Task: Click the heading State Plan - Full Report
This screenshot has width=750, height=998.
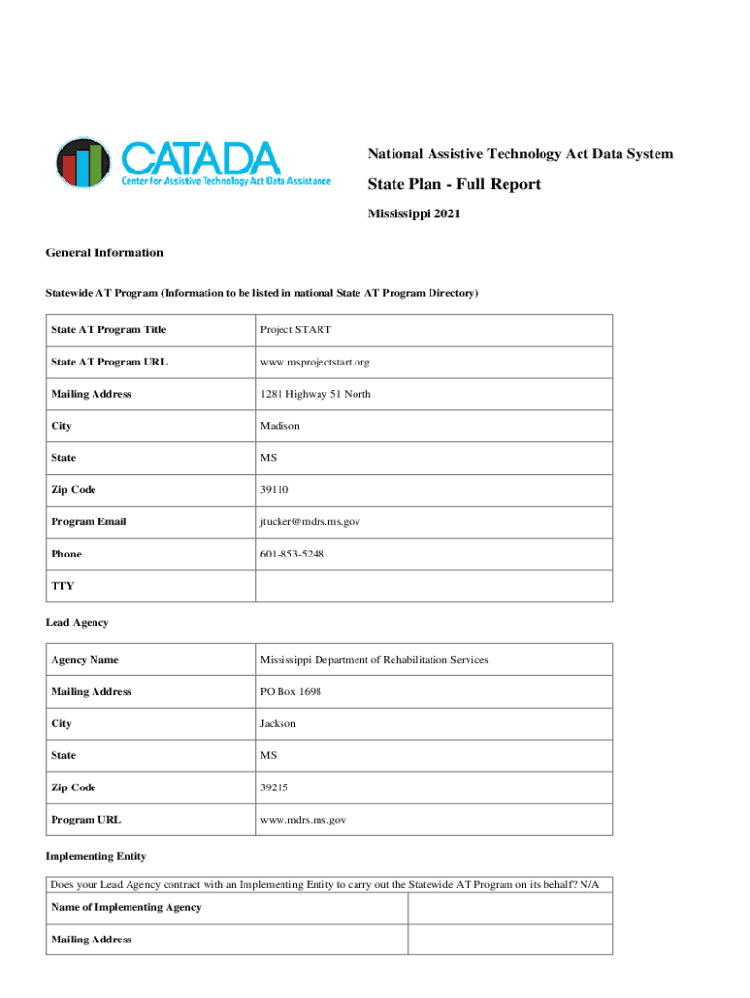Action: tap(453, 185)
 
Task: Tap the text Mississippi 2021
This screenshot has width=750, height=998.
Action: tap(413, 214)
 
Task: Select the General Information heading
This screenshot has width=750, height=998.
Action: tap(104, 253)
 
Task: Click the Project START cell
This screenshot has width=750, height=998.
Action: tap(295, 330)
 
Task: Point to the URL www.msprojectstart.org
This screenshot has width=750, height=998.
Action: tap(315, 363)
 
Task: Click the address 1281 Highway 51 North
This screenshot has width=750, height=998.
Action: tap(315, 394)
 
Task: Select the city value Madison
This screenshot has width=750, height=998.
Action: tap(280, 426)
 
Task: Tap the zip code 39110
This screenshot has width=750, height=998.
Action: tap(276, 490)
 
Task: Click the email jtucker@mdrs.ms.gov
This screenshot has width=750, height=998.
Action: tap(310, 522)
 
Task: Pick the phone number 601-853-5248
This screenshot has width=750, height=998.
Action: tap(292, 554)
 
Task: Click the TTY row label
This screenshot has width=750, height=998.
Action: tap(62, 586)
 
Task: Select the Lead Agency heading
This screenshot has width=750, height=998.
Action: tap(77, 622)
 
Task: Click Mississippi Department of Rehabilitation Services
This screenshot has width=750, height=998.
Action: tap(374, 660)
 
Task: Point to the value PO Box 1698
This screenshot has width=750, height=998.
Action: tap(290, 692)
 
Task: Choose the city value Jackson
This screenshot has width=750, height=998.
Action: tap(278, 724)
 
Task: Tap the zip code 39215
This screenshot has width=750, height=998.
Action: tap(276, 787)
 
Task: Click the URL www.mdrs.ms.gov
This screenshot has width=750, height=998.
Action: tap(303, 820)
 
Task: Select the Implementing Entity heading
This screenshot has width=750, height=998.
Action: tap(95, 856)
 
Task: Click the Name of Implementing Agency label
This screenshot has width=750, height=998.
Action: tap(126, 907)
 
